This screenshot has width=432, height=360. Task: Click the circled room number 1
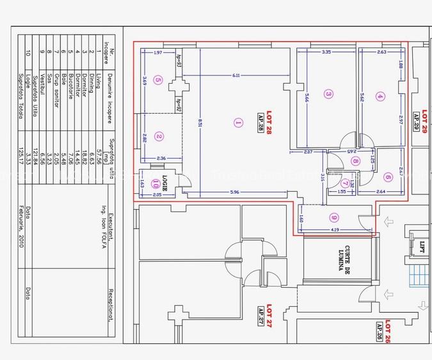point(238,122)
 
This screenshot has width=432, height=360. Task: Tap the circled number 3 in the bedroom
point(328,93)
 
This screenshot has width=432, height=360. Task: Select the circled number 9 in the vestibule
point(334,217)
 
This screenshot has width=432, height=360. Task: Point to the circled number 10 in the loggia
point(156,183)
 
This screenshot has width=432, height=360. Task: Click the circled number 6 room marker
point(388,177)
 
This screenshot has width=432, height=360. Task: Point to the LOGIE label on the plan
point(168,180)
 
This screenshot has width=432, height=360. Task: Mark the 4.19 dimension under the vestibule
point(335,230)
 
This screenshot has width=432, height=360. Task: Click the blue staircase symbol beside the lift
point(419,277)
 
